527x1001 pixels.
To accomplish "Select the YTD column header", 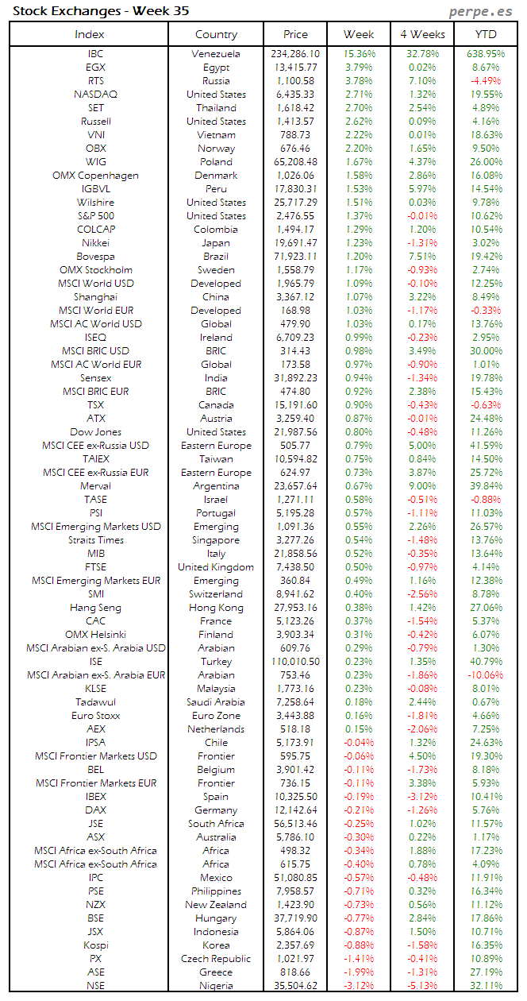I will click(486, 34).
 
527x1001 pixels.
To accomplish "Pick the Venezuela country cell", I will click(216, 54).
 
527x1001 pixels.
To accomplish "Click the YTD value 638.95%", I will click(486, 54).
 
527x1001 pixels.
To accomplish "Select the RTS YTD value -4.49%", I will click(486, 81).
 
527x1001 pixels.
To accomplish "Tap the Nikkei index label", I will click(96, 243).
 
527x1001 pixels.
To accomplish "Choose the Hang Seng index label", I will click(96, 608).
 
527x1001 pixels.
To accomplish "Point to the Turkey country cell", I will click(216, 662).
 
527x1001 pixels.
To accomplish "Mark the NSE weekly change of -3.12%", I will click(360, 986).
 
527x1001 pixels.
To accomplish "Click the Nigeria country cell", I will click(216, 986).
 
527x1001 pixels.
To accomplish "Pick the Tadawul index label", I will click(96, 702).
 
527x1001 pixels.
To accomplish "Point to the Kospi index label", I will click(96, 945).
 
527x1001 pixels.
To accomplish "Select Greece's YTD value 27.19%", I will click(486, 972).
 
